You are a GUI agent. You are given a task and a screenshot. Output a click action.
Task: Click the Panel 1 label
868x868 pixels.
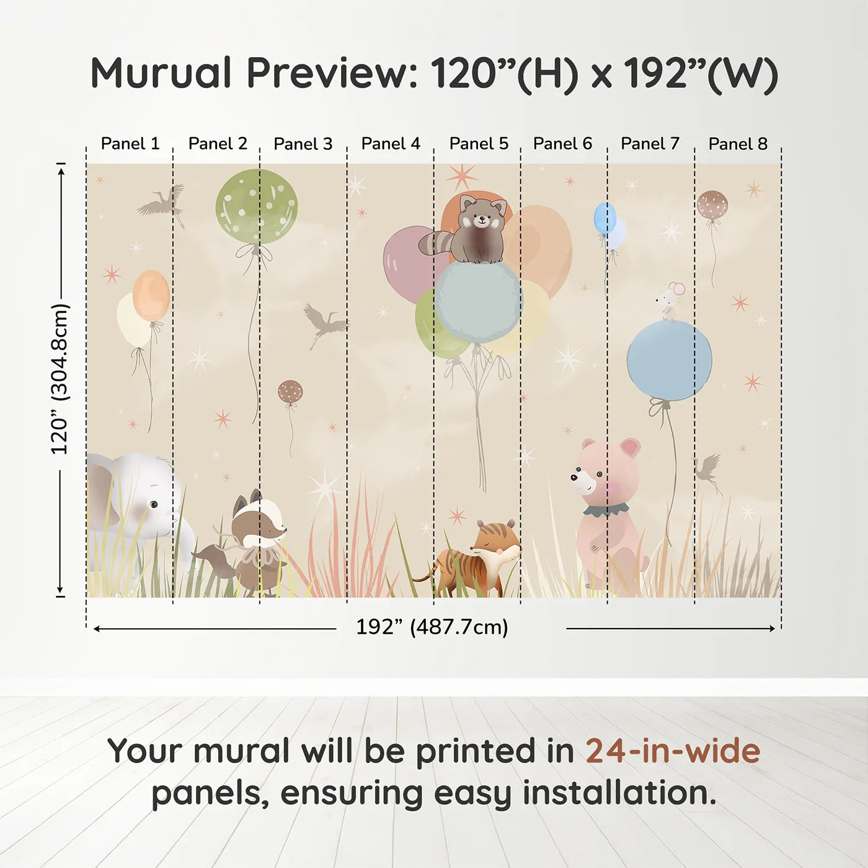click(130, 144)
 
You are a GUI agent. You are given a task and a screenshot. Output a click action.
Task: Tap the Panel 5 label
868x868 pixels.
click(479, 144)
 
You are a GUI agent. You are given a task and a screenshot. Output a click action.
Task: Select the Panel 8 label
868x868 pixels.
click(738, 144)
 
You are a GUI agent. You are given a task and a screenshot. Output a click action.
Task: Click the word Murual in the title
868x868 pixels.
click(161, 73)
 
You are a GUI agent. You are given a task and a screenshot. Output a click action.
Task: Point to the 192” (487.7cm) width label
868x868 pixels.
click(432, 627)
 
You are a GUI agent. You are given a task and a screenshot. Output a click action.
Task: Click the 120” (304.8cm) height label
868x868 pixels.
click(60, 379)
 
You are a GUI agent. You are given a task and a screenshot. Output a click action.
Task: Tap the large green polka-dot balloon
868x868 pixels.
click(256, 206)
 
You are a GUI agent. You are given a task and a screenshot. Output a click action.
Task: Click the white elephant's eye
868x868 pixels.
click(153, 505)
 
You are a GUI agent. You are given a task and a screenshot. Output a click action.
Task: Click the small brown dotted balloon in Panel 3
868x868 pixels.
click(290, 392)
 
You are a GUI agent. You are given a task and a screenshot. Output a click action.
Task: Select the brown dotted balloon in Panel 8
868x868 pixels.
click(712, 205)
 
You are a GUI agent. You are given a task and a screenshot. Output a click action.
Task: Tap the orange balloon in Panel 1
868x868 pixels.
click(151, 295)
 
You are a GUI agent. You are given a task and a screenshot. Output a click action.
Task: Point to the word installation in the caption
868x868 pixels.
click(618, 793)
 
